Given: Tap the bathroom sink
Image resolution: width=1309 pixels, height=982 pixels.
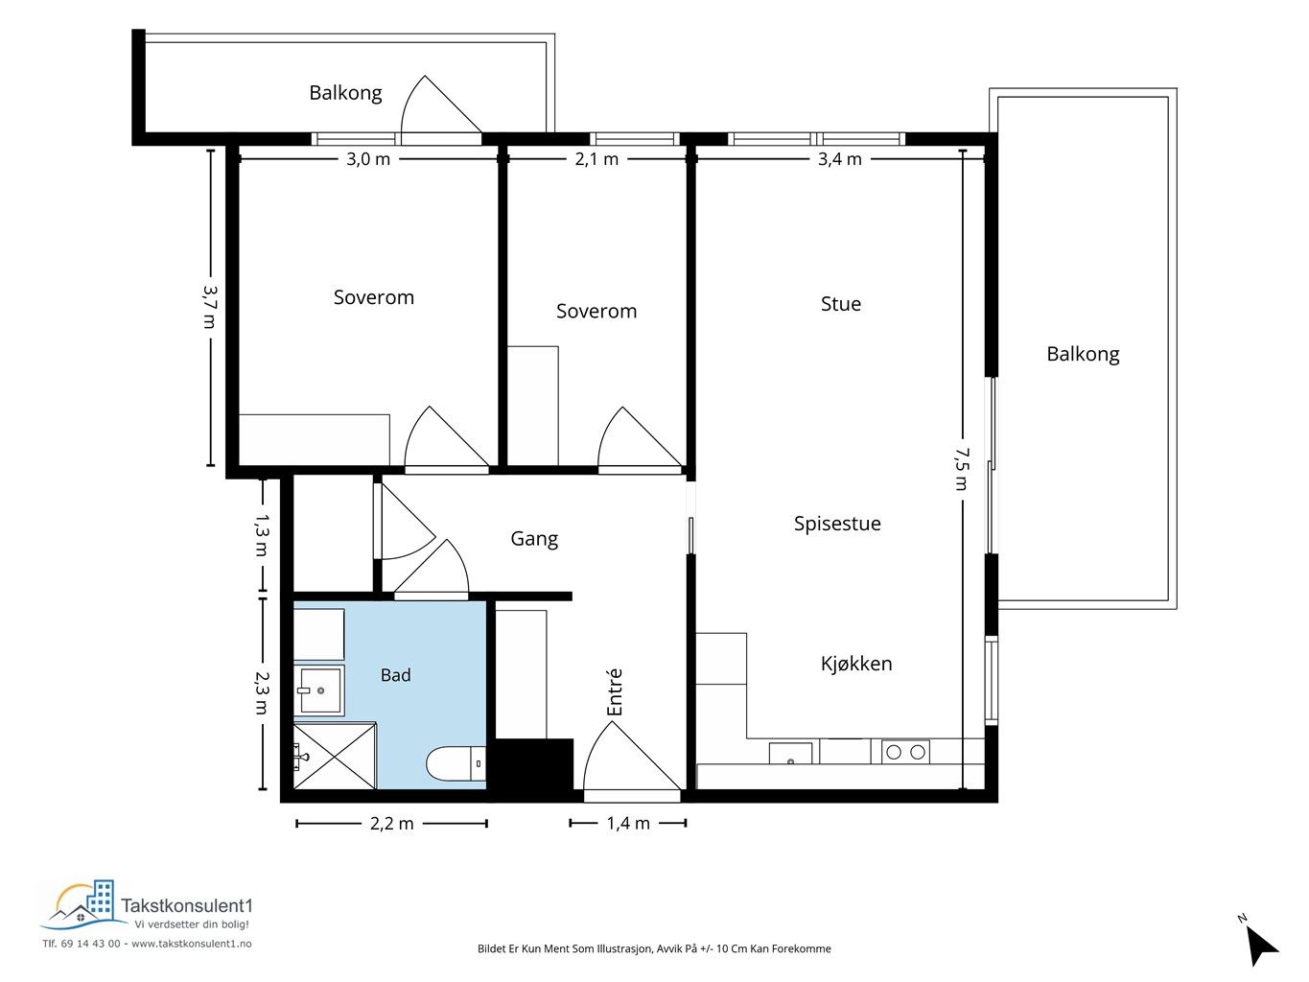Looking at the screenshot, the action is pyautogui.click(x=319, y=690).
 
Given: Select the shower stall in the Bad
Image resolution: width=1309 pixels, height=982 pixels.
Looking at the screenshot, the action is pyautogui.click(x=335, y=756).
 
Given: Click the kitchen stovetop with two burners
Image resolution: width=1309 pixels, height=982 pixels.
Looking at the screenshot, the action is pyautogui.click(x=905, y=752).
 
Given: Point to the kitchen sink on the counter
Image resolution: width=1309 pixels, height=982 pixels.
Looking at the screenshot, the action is pyautogui.click(x=791, y=754).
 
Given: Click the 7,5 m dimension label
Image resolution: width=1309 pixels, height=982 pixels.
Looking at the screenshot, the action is pyautogui.click(x=961, y=469).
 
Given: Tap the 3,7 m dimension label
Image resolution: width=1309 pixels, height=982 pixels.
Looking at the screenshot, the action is pyautogui.click(x=210, y=307).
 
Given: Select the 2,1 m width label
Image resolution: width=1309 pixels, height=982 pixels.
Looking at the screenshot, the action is pyautogui.click(x=596, y=159).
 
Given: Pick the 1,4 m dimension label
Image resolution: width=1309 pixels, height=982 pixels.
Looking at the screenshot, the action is pyautogui.click(x=628, y=824).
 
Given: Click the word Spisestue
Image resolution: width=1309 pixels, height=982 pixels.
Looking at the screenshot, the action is pyautogui.click(x=837, y=524).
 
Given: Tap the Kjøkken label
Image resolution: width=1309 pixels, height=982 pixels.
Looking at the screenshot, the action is pyautogui.click(x=856, y=664).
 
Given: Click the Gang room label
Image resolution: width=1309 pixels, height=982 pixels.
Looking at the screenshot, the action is pyautogui.click(x=534, y=539).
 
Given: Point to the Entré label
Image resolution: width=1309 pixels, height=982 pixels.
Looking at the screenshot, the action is pyautogui.click(x=615, y=691).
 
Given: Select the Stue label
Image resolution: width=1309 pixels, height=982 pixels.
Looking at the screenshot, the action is pyautogui.click(x=841, y=304).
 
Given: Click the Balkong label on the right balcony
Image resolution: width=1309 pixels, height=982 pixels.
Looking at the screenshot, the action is pyautogui.click(x=1083, y=354).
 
